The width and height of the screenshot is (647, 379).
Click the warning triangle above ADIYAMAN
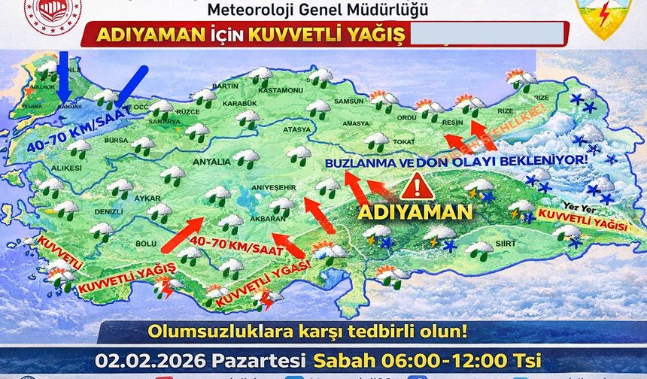click(x=414, y=185)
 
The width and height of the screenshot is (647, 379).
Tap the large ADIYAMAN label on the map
click(x=415, y=212)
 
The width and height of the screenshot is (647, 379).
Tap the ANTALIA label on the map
click(x=212, y=162)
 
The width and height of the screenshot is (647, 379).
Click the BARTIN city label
click(x=225, y=86)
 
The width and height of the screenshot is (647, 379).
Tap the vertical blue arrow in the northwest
click(x=63, y=75)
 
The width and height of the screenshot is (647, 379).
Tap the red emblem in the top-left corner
click(x=52, y=12)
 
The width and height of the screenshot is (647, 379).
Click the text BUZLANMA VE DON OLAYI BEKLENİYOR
click(x=457, y=162)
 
